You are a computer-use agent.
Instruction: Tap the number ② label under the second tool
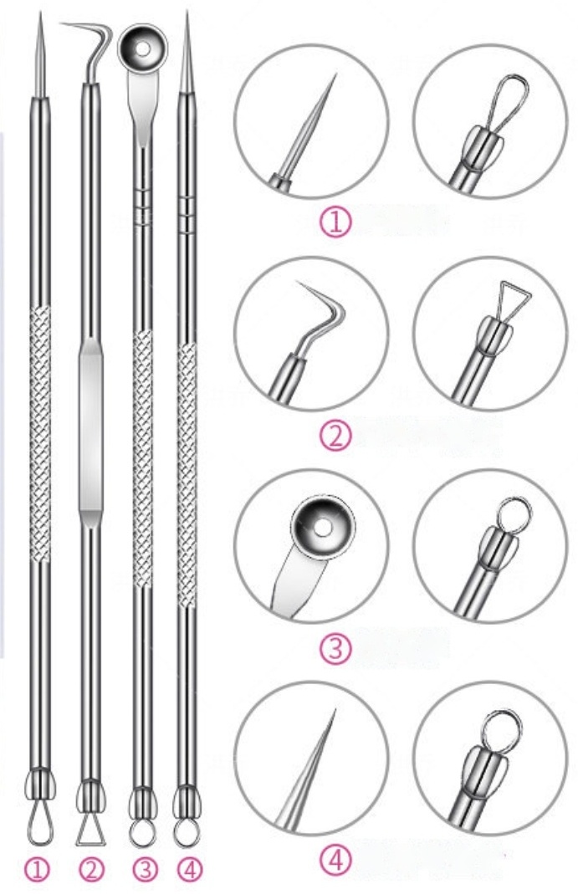pyautogui.click(x=91, y=870)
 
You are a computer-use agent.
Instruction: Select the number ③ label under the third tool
pyautogui.click(x=144, y=870)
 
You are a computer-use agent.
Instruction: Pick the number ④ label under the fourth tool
pyautogui.click(x=190, y=870)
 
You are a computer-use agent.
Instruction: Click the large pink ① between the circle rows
pyautogui.click(x=335, y=223)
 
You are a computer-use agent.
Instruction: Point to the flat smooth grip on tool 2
pyautogui.click(x=91, y=424)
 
